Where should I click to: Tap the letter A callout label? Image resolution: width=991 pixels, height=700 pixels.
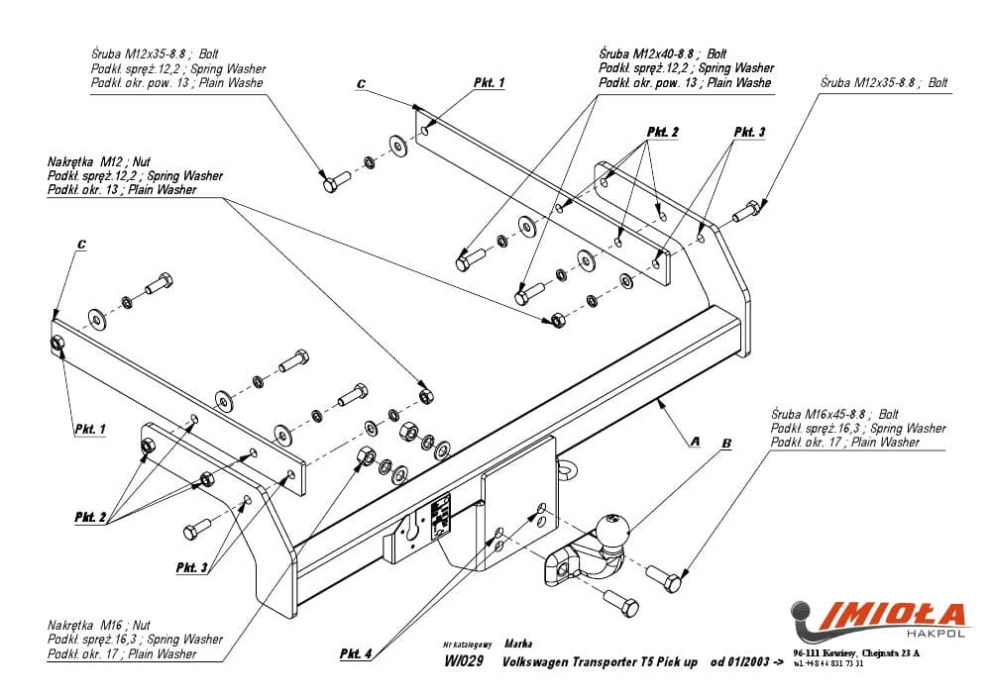pos(693,439)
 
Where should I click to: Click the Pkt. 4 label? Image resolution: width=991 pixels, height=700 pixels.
pos(356,653)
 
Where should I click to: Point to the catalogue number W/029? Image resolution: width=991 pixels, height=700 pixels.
pos(464,662)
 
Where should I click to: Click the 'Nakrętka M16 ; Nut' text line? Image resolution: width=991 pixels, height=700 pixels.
pos(99,626)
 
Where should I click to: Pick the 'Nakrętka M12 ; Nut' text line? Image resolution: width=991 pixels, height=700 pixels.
pos(98,162)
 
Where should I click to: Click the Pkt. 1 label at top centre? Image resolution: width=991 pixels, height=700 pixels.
pos(489,84)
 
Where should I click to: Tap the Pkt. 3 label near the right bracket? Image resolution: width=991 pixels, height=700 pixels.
pos(749,132)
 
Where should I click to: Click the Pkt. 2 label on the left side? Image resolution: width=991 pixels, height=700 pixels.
pos(91,517)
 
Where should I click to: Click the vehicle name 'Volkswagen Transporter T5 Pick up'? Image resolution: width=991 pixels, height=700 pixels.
pos(601,662)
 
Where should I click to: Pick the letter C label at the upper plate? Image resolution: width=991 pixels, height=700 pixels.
pos(361,86)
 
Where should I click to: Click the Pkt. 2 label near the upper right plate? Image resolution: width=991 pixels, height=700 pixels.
pos(663,132)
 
